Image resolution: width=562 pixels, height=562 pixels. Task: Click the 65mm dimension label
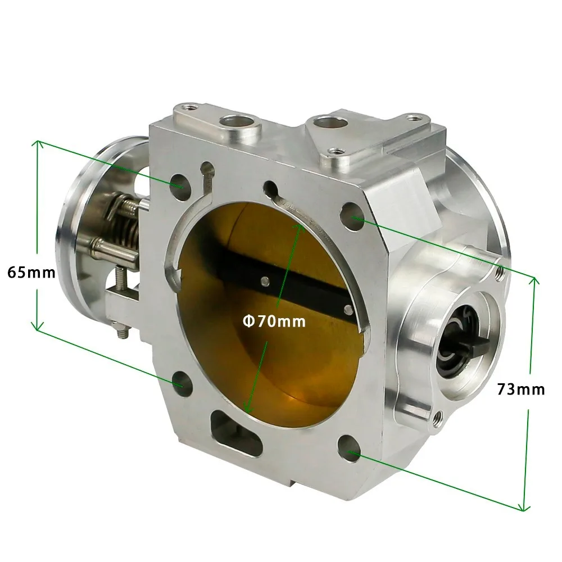pos(31,273)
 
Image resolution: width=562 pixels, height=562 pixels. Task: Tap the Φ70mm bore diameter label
pos(274,321)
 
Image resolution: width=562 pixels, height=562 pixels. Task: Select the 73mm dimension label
pos(521,389)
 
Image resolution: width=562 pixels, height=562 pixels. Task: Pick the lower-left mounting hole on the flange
pos(182,383)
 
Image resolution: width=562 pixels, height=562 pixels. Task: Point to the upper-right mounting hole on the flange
pos(352,216)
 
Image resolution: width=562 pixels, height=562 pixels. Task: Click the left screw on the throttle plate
pos(265,280)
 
